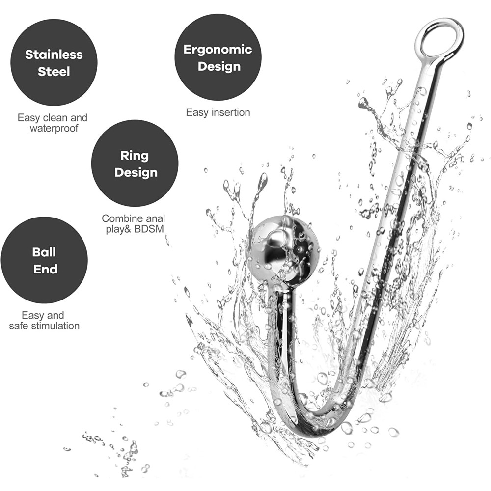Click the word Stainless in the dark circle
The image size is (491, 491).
54,55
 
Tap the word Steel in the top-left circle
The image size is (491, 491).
54,71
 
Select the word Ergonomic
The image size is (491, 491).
218,50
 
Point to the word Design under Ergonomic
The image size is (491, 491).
219,67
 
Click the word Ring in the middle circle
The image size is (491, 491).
135,156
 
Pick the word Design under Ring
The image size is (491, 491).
136,172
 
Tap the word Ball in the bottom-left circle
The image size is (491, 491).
44,252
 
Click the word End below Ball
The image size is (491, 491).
45,269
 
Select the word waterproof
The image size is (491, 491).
54,128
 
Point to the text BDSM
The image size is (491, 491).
149,229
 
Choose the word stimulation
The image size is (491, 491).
55,326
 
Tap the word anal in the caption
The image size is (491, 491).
153,218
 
